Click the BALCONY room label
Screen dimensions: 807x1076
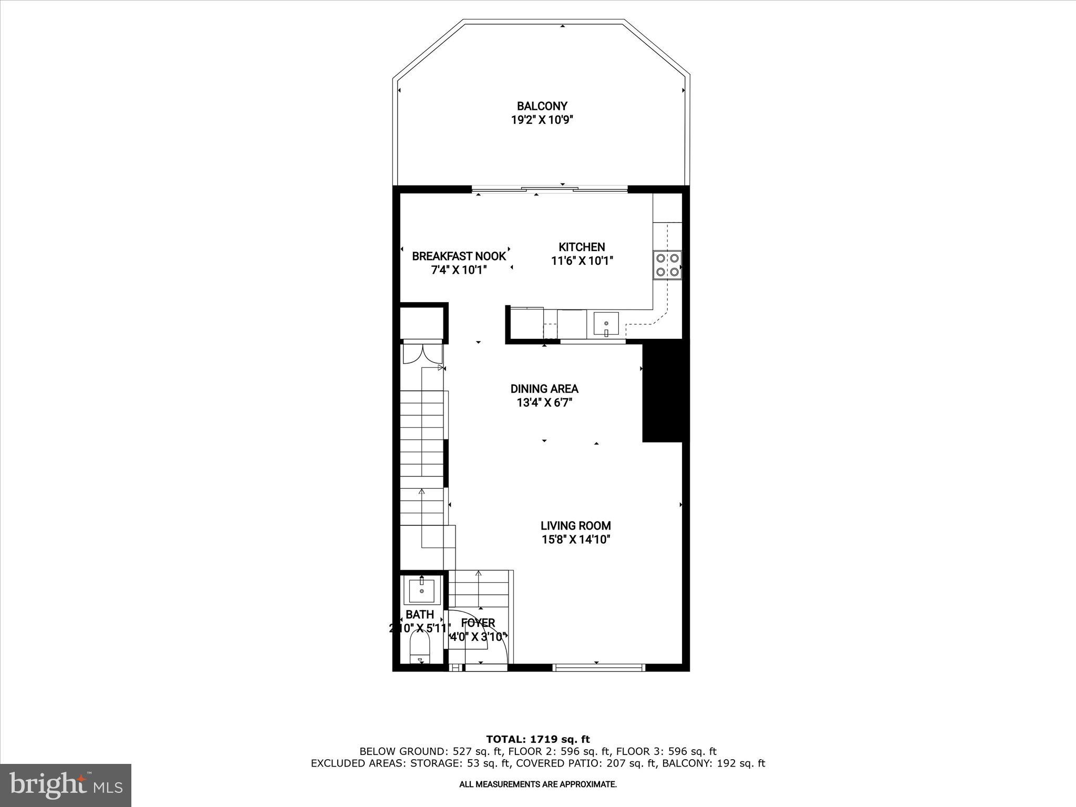tap(542, 106)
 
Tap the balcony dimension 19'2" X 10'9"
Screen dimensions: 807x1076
tap(542, 120)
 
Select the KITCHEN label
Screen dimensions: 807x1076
tap(581, 247)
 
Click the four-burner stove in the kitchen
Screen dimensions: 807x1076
tap(667, 265)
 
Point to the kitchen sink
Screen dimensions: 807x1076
tap(606, 324)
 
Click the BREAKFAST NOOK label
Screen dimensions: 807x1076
tap(459, 256)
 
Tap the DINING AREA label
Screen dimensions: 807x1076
tap(544, 389)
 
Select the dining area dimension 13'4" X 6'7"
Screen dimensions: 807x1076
tap(544, 403)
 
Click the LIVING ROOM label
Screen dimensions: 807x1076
tap(576, 525)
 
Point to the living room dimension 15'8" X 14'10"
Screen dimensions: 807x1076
tap(576, 540)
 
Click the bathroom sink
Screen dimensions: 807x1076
tap(421, 590)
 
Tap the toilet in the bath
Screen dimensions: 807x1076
tap(420, 650)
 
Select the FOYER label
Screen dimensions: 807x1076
tap(478, 623)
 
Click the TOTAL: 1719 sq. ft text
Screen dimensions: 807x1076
tap(538, 740)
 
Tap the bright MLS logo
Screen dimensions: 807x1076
tap(66, 785)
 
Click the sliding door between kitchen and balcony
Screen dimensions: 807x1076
tap(549, 189)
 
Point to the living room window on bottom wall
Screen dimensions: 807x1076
tap(598, 668)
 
